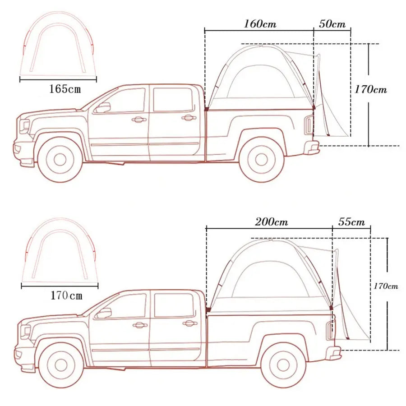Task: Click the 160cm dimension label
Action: pyautogui.click(x=260, y=24)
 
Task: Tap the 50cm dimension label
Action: pyautogui.click(x=332, y=24)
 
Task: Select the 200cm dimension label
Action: pyautogui.click(x=272, y=222)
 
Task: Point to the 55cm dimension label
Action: pyautogui.click(x=351, y=222)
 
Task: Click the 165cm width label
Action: pyautogui.click(x=65, y=89)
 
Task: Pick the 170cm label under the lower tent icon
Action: pyautogui.click(x=67, y=295)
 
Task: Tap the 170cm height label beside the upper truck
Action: pyautogui.click(x=370, y=90)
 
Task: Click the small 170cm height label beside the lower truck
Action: pyautogui.click(x=386, y=286)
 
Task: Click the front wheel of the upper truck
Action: pyautogui.click(x=60, y=159)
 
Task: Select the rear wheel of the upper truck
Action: pyautogui.click(x=261, y=159)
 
